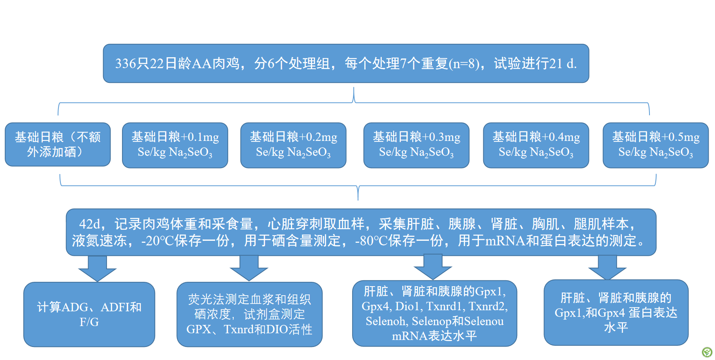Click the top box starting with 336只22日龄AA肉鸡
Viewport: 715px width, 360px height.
pos(346,63)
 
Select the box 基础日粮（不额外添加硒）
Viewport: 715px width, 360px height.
pos(58,144)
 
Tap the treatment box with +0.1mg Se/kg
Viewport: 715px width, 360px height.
pos(175,145)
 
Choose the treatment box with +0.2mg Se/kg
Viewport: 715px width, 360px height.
pos(293,145)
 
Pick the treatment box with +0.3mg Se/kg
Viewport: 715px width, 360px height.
pos(417,145)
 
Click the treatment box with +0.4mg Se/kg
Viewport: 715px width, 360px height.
pos(536,145)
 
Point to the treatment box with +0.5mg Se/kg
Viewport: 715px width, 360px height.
pos(656,145)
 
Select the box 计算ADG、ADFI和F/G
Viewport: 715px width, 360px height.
pos(89,314)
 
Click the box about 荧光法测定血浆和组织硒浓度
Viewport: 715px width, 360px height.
pos(250,314)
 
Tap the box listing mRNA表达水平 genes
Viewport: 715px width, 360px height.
pos(435,313)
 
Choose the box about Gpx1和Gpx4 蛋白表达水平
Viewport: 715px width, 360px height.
pos(616,313)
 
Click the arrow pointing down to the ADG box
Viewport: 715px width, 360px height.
pos(97,268)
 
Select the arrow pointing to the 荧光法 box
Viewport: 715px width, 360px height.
pos(249,268)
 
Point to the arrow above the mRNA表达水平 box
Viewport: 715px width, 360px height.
pos(433,267)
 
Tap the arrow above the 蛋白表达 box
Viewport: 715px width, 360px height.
pos(607,267)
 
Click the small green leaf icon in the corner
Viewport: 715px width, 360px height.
pos(707,352)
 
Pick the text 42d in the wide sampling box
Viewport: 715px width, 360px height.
pos(90,224)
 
